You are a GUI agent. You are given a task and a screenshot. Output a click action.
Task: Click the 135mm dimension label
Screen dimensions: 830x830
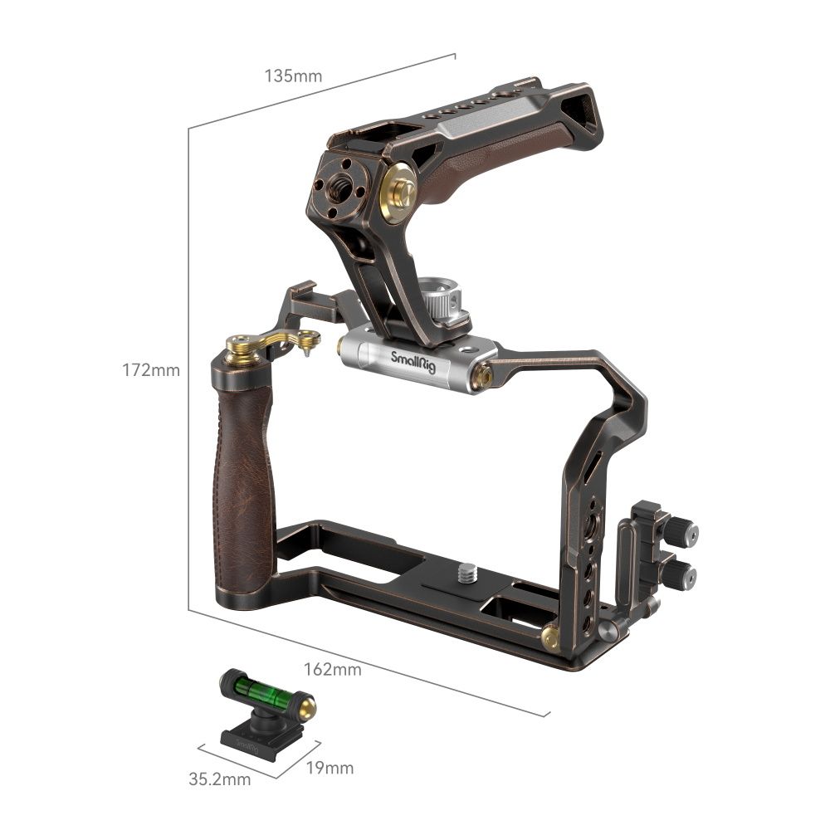click(293, 76)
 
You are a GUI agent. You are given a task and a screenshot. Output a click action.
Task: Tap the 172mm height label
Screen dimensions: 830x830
click(151, 370)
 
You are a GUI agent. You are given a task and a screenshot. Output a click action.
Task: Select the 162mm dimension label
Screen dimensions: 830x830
click(333, 669)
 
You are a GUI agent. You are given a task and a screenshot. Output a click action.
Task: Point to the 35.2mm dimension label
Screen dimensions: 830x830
click(219, 779)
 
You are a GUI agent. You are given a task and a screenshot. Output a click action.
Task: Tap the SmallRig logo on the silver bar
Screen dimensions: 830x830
click(413, 359)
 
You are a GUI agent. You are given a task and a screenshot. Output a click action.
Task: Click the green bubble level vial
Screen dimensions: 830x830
click(265, 689)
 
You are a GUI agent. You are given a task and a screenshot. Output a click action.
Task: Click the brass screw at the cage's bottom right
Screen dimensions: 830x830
click(549, 637)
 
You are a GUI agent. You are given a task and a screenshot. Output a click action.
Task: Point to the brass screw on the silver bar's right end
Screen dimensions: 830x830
click(482, 377)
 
